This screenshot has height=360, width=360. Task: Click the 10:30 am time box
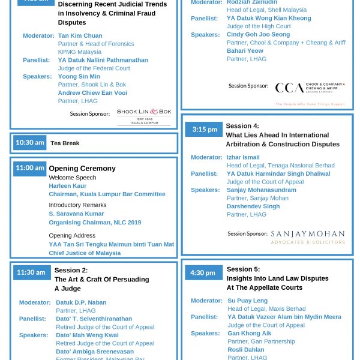tap(30, 143)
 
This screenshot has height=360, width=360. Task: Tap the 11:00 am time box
tap(30, 168)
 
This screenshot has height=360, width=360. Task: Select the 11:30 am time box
tap(31, 272)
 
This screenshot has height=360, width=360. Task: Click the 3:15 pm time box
tap(205, 130)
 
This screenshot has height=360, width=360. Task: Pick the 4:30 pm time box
tap(203, 272)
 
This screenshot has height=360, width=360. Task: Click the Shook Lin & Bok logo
tap(144, 115)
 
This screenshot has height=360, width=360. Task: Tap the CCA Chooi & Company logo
tap(310, 88)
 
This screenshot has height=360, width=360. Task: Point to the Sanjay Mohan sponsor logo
tap(308, 236)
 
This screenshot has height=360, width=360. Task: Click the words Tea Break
tap(65, 143)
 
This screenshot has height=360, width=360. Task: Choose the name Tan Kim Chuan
tap(80, 36)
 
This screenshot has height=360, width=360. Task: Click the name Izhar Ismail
tap(243, 157)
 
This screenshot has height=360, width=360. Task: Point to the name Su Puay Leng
tap(248, 301)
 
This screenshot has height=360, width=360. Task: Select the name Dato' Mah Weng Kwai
tap(87, 335)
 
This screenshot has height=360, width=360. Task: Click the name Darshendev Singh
tap(253, 206)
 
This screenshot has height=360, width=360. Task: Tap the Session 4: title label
tap(242, 126)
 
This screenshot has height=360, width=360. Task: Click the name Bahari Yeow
tap(245, 51)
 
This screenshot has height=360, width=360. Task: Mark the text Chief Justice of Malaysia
tap(85, 253)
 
